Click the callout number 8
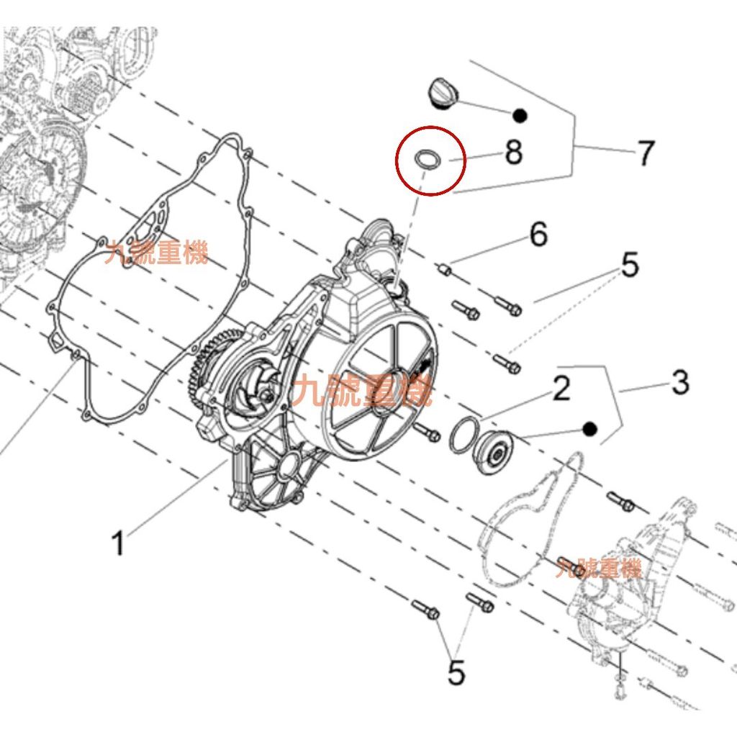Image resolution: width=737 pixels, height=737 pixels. (x=513, y=152)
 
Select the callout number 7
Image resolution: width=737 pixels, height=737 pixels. (x=646, y=153)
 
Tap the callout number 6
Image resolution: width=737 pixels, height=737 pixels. (x=538, y=234)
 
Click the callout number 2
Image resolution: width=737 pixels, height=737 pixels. (x=561, y=388)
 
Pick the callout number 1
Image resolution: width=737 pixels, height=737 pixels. (x=119, y=543)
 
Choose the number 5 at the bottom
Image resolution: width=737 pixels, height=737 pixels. (x=456, y=672)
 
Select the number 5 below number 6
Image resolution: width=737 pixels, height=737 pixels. (x=630, y=264)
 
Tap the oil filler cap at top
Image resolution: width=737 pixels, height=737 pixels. (x=443, y=93)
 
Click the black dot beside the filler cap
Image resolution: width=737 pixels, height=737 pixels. (x=520, y=115)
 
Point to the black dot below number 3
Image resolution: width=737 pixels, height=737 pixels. (x=589, y=429)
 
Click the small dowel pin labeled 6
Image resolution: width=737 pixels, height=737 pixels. (x=445, y=270)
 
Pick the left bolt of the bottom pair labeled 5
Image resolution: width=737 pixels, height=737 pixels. (x=425, y=610)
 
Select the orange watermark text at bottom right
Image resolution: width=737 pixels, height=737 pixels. (x=598, y=568)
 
